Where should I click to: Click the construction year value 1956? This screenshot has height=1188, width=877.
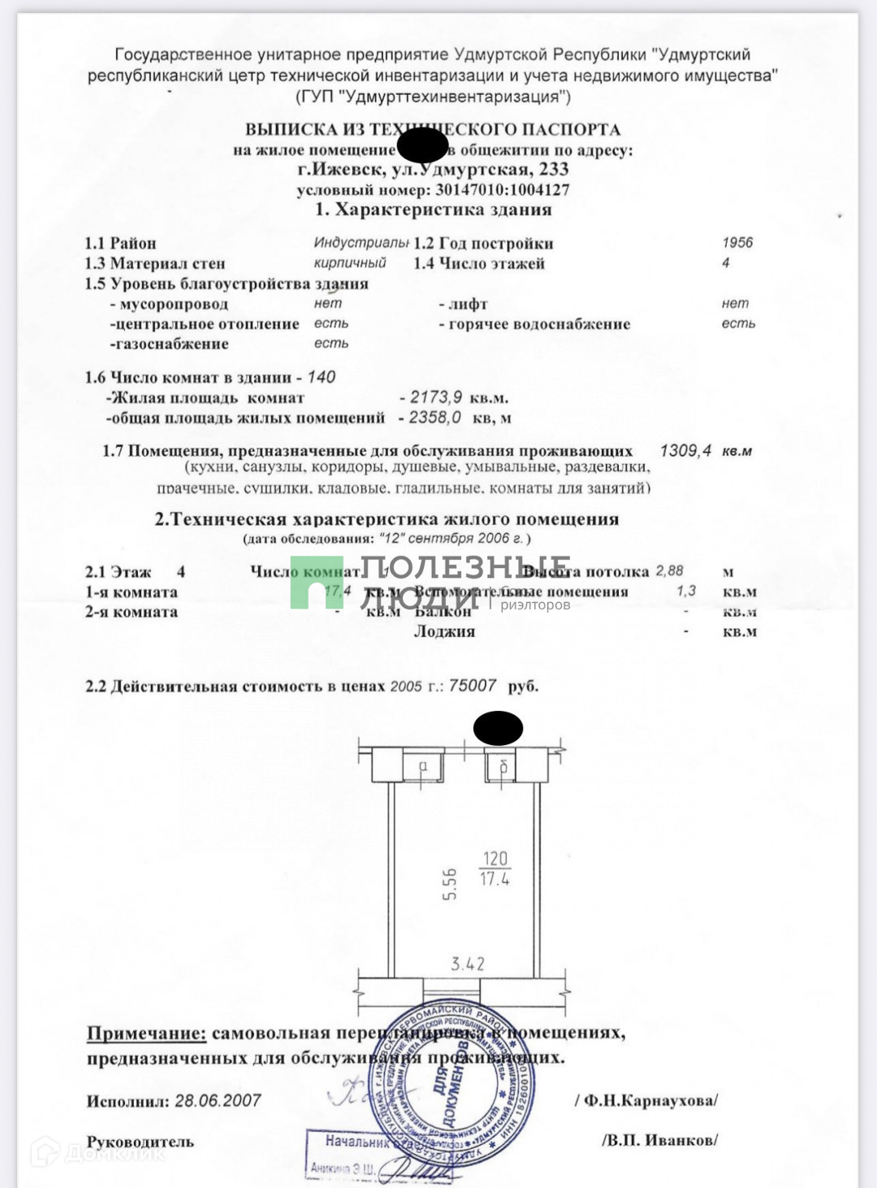coord(737,242)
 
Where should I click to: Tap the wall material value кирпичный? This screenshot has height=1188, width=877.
coord(350,263)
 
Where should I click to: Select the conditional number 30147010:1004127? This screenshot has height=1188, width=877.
coord(503,190)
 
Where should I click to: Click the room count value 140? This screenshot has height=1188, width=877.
coord(322,377)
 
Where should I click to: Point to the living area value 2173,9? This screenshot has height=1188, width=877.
coord(436,397)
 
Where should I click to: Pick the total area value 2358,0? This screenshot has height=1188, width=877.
coord(435,418)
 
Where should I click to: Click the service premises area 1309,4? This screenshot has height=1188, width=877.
coord(685,450)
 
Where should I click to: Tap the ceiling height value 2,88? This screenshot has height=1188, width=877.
coord(670,571)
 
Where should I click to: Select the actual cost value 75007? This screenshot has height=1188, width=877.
coord(473,686)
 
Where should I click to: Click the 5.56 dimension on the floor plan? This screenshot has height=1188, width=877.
coord(449,884)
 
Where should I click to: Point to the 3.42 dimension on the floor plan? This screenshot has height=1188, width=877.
coord(468,965)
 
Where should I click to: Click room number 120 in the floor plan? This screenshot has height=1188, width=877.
coord(495,859)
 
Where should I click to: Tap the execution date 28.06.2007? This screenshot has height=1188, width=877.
coord(218,1101)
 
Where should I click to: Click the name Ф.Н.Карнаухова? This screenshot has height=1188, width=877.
coord(649,1101)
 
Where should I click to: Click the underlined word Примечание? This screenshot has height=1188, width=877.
coord(147,1034)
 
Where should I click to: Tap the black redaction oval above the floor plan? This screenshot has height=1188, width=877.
coord(498,728)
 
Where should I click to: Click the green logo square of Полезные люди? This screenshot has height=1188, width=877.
coord(317,582)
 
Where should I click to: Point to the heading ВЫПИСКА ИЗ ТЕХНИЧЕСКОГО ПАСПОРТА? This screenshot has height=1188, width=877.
coord(433,129)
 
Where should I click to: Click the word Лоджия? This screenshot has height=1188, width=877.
coord(444,631)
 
